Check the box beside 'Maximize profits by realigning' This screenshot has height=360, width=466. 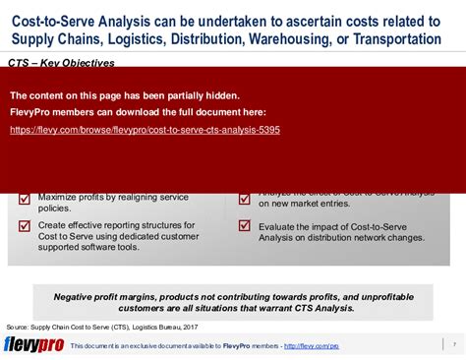25,199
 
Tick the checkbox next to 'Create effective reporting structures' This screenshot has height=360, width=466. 25,225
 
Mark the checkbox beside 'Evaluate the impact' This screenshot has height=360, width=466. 244,225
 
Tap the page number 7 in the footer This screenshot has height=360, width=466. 454,345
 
